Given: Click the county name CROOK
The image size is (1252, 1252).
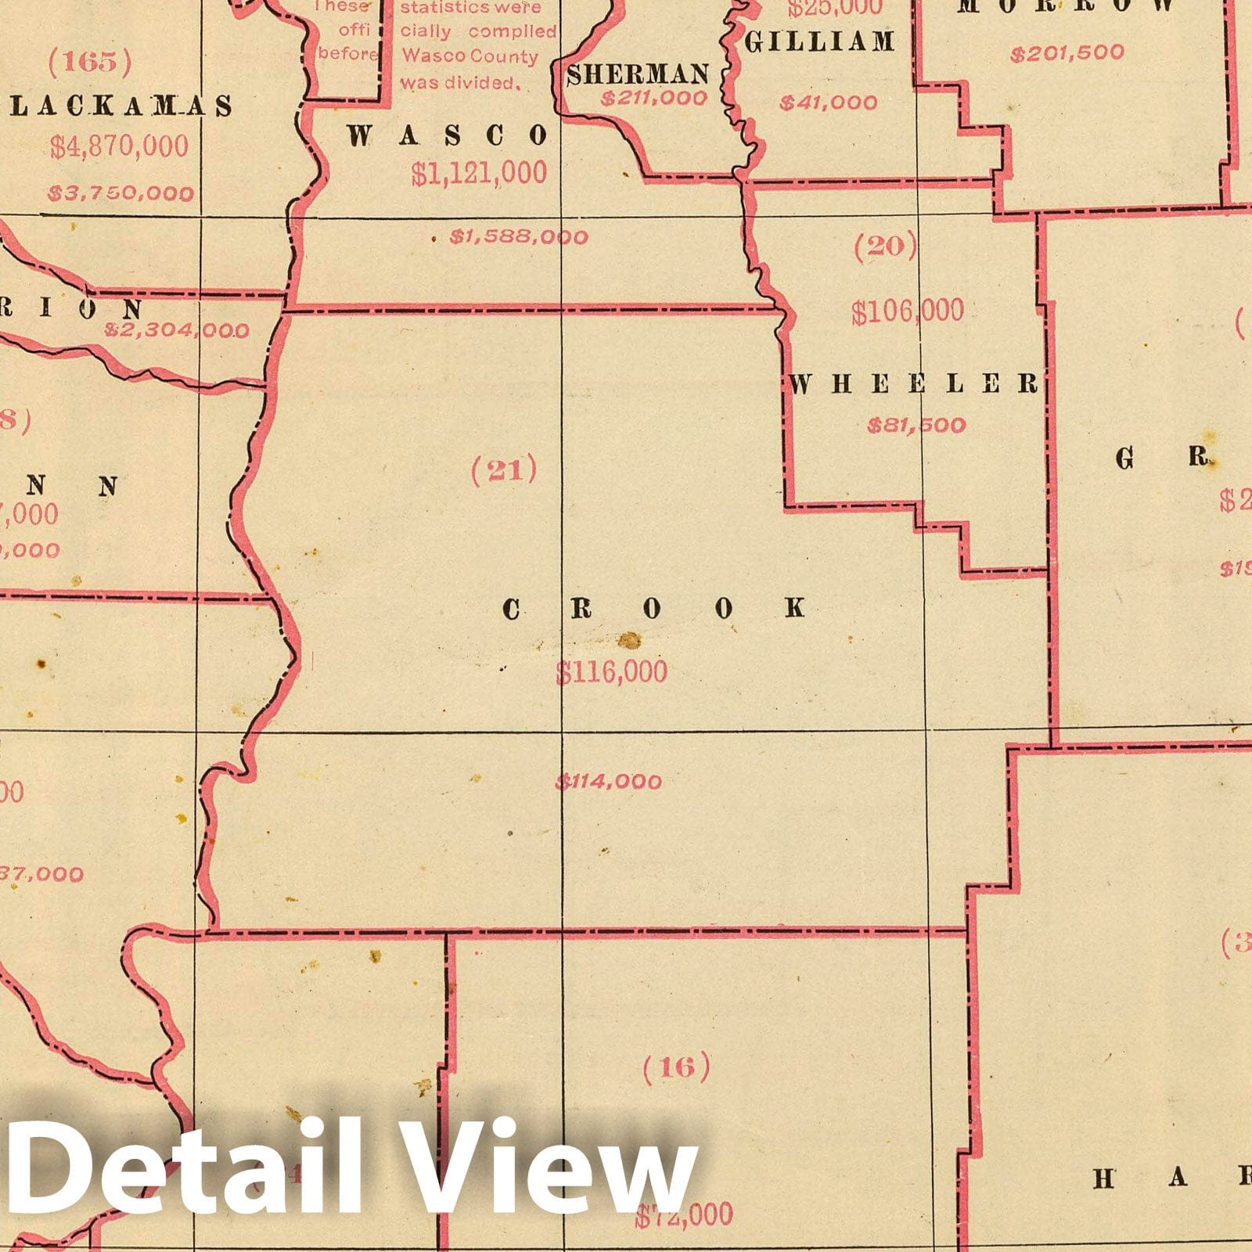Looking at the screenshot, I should [653, 609].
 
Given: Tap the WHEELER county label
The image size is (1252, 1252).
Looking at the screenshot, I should [913, 384].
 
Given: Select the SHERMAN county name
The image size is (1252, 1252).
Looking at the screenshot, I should [638, 75].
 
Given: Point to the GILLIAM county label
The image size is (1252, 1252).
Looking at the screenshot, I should [818, 41].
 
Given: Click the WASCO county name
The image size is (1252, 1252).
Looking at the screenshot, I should [448, 136].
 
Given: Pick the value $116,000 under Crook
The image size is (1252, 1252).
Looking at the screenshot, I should [612, 672].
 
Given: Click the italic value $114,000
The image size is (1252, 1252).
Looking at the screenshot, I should [609, 782].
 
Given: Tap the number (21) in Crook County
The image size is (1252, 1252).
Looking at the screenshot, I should [504, 469].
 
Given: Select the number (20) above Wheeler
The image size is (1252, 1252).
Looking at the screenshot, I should [885, 246].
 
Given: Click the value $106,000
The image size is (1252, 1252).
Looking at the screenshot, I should [908, 312].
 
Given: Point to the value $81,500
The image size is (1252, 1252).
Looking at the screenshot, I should [916, 426].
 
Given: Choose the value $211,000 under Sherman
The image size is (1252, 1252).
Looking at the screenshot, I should [653, 99].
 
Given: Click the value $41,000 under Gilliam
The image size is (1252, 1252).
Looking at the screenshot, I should [828, 103].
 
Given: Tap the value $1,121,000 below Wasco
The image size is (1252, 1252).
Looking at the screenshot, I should [479, 174].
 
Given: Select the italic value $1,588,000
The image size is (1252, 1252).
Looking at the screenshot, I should [518, 237].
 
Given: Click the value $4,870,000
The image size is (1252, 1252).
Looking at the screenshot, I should [119, 147].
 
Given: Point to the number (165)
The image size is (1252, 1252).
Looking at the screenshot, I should [90, 61].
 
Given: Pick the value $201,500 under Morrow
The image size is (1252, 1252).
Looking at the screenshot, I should [1067, 53].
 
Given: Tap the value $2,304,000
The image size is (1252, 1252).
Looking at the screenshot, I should [177, 331].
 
